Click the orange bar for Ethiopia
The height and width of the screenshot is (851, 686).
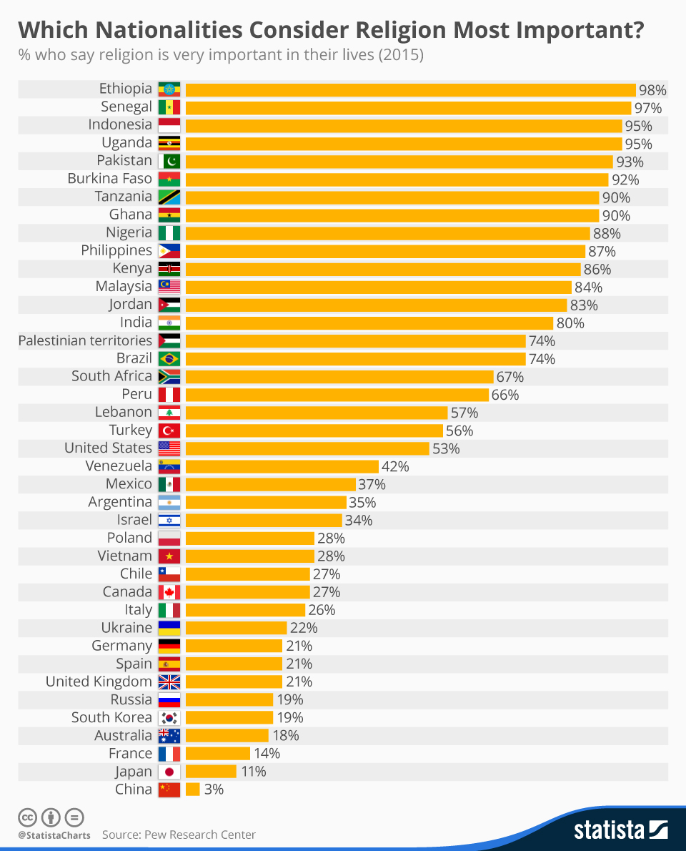[410, 89]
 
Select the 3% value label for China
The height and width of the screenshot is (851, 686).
[214, 789]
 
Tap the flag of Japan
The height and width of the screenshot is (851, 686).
[169, 772]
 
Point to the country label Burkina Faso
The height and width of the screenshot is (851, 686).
[109, 179]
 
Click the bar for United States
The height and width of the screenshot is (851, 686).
[307, 448]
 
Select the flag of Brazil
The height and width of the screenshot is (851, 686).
[169, 359]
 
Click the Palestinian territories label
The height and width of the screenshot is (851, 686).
[85, 340]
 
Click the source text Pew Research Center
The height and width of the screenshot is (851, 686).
[179, 835]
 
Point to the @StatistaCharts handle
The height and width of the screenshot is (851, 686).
[54, 835]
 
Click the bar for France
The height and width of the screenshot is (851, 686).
[218, 754]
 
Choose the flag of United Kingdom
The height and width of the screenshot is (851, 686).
[169, 682]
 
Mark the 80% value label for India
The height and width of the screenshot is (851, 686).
[570, 323]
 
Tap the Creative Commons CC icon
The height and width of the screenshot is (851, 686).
[27, 817]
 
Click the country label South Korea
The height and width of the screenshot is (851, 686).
[111, 717]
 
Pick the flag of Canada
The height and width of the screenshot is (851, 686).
[169, 592]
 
